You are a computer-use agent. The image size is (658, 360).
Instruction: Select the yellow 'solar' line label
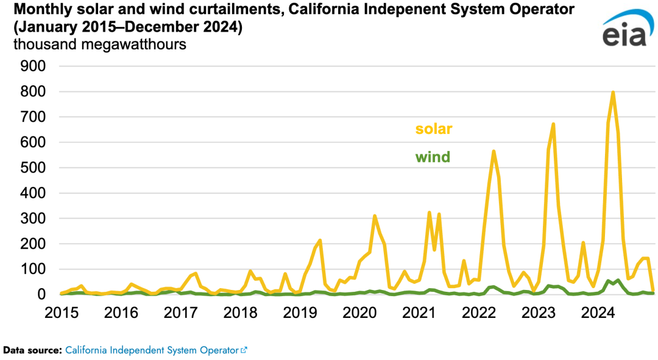point(434,129)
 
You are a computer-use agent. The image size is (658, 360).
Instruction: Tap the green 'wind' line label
point(433,157)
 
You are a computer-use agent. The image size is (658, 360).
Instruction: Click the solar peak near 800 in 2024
point(612,93)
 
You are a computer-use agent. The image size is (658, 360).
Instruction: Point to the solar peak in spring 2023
point(553,124)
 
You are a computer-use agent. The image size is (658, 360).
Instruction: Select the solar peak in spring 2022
point(493,151)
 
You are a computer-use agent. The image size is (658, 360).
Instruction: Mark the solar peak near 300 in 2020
point(375,216)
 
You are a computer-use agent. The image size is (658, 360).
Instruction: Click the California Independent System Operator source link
point(152,350)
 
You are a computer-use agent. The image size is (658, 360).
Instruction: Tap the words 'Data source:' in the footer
point(33,350)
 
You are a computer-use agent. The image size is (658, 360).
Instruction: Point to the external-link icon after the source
point(244,350)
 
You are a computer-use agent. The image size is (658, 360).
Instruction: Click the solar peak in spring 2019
point(320,241)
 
